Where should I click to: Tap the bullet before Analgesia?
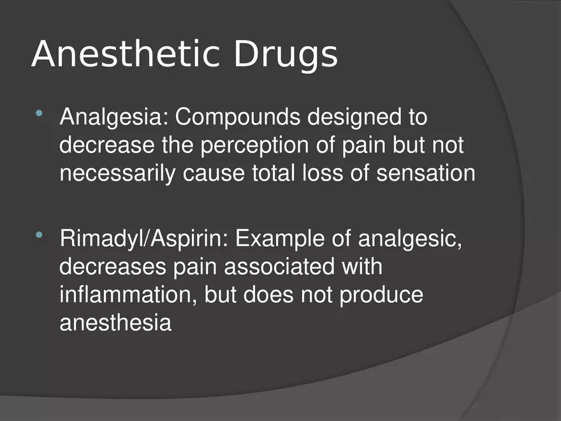(40, 115)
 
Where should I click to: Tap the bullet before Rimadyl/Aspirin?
(40, 237)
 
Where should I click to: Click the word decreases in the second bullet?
(113, 268)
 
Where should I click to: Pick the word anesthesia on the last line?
(115, 323)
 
